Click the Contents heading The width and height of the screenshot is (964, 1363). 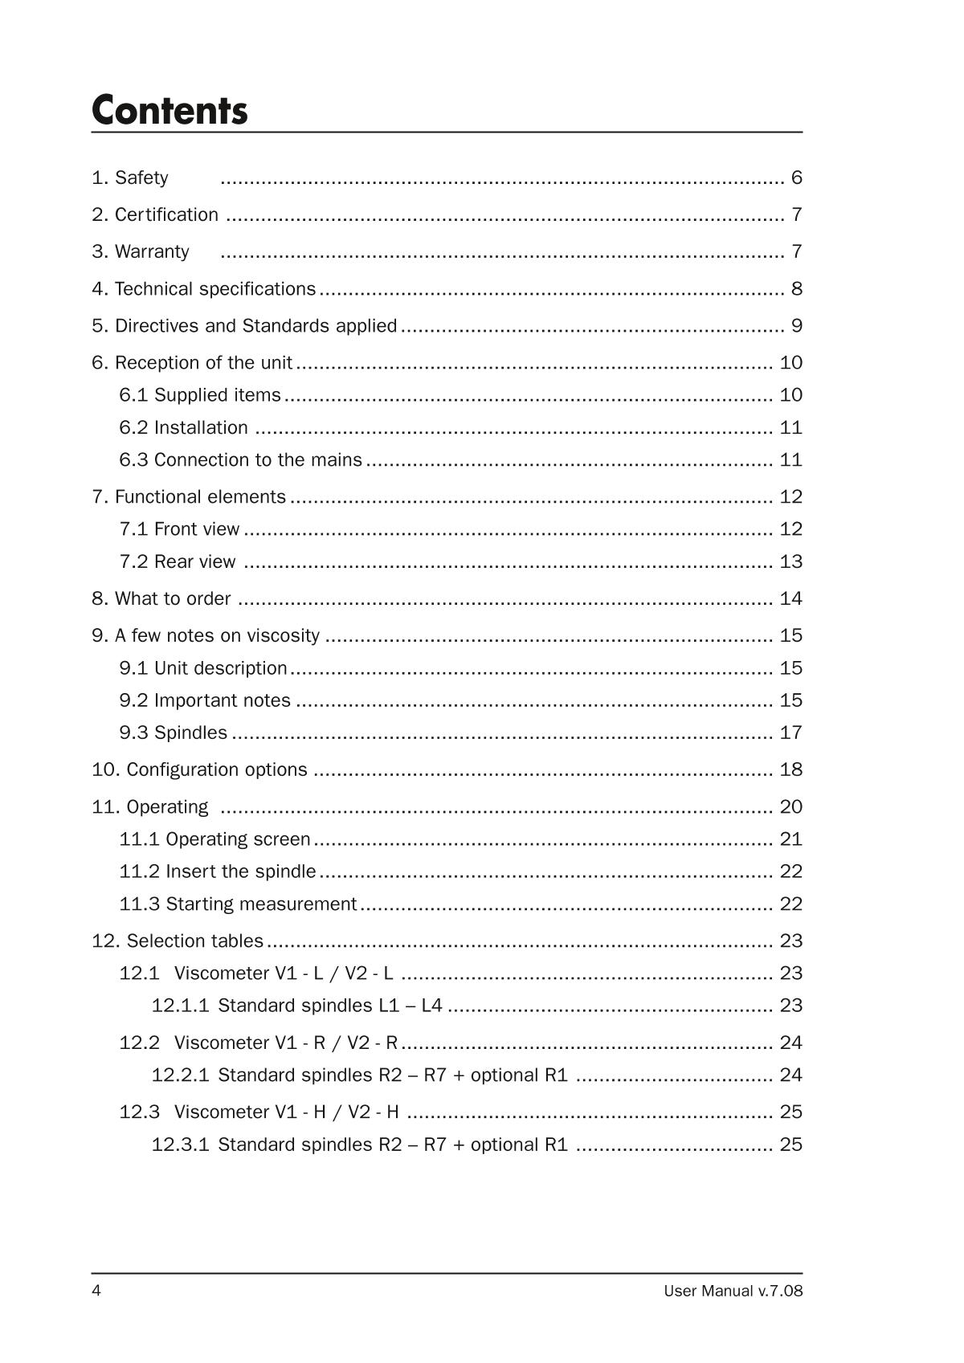coord(170,110)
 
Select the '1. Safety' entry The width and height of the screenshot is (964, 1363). coord(130,178)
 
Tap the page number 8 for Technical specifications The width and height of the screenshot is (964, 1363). coord(796,288)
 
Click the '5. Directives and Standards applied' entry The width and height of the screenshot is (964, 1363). coord(244,325)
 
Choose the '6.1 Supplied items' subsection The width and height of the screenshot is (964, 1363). coord(200,394)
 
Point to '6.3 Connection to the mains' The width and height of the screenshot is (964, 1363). coord(240,459)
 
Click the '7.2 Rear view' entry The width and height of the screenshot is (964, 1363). coord(178,561)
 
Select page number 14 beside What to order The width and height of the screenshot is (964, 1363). coord(790,598)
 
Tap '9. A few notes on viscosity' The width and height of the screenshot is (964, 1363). coord(206,635)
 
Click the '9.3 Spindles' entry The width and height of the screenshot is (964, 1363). coord(174,733)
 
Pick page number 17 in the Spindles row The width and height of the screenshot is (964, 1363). coord(790,733)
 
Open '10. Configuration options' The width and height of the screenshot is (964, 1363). coord(199,769)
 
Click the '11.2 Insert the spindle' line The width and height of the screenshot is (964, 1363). coord(218,871)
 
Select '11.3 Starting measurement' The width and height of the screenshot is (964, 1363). coord(238,904)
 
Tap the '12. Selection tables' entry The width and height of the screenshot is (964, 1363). coord(178,941)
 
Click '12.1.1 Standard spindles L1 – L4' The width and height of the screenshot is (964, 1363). coord(296,1006)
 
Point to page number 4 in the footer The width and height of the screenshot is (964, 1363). coord(96,1291)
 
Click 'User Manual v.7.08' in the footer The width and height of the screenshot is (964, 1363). coord(733,1291)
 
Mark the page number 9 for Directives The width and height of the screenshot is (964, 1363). coord(796,325)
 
